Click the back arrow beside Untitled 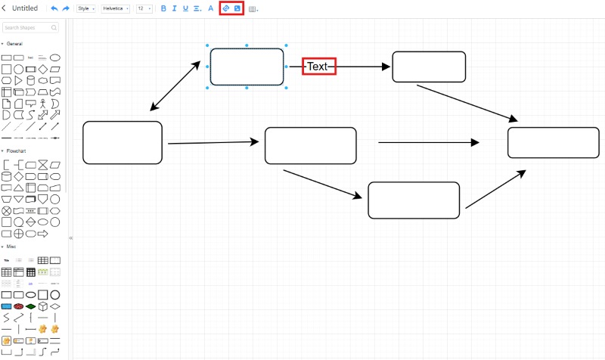tap(5, 8)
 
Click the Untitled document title tap(25, 8)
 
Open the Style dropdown tap(85, 8)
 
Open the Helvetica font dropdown tap(115, 8)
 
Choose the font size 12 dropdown tap(143, 8)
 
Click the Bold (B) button tap(163, 8)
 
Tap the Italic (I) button tap(174, 8)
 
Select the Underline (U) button tap(185, 8)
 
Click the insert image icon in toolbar tap(237, 8)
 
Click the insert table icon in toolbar tap(253, 9)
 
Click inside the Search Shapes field tap(30, 27)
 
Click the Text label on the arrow tap(318, 67)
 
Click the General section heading tap(14, 44)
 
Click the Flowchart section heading tap(17, 151)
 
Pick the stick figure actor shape tap(42, 103)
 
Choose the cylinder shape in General tap(31, 80)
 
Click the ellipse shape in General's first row tap(54, 57)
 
